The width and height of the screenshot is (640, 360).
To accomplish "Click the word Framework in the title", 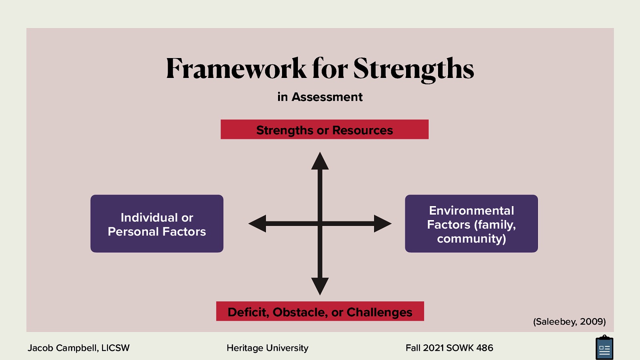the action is click(x=236, y=68).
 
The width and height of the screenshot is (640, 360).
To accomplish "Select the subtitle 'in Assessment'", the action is click(x=320, y=97).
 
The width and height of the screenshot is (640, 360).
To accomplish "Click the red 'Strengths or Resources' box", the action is click(x=324, y=130).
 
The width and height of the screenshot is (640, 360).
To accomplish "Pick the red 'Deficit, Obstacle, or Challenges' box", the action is click(x=320, y=311).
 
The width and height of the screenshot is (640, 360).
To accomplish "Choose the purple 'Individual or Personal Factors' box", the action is click(x=157, y=224).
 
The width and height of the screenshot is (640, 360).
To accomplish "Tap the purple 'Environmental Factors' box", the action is click(x=471, y=224).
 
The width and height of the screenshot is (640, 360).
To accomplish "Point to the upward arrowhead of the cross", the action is click(x=320, y=161).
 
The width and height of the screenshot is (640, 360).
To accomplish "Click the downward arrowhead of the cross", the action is click(x=320, y=286).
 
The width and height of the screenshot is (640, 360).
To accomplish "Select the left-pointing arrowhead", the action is click(x=257, y=224).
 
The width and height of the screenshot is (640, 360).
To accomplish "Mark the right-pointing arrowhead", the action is click(x=382, y=224).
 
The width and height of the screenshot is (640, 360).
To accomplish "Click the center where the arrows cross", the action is click(x=320, y=224).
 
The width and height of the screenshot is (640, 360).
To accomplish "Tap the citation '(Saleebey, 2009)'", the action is click(x=569, y=322).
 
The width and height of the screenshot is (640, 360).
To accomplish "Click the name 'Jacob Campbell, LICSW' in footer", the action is click(x=78, y=348).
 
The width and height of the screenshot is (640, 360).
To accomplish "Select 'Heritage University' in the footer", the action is click(x=268, y=348).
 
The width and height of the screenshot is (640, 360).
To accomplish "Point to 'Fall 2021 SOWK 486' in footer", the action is click(x=449, y=348).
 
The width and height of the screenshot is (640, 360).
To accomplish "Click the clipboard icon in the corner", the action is click(x=604, y=348).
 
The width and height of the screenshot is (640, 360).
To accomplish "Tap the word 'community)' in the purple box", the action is click(x=471, y=239).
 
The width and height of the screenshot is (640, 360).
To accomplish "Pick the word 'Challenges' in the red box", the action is click(x=379, y=312).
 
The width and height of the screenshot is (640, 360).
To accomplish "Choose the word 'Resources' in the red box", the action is click(x=362, y=130).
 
